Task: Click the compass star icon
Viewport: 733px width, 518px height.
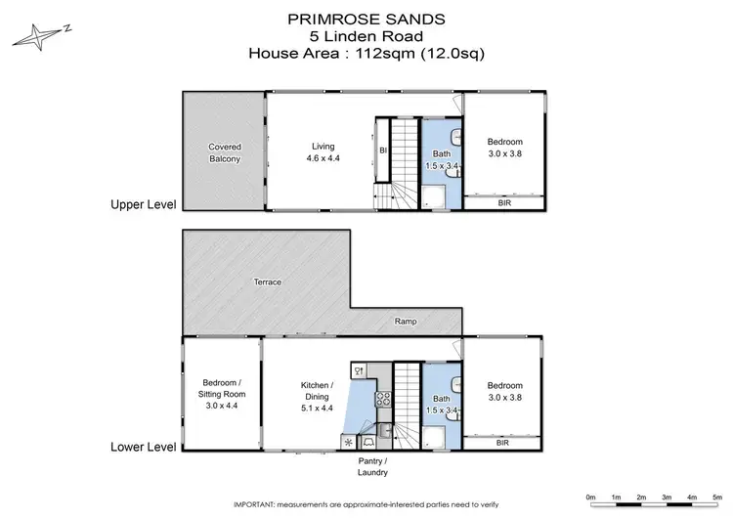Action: pyautogui.click(x=36, y=36)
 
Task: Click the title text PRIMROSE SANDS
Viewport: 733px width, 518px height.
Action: pyautogui.click(x=367, y=18)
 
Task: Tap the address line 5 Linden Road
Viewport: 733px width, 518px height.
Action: pyautogui.click(x=367, y=35)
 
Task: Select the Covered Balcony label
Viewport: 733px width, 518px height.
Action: pyautogui.click(x=224, y=152)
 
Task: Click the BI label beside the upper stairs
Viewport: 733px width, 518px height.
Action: pyautogui.click(x=383, y=150)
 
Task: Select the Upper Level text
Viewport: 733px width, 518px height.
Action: pyautogui.click(x=143, y=205)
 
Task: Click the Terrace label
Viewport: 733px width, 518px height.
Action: pyautogui.click(x=268, y=282)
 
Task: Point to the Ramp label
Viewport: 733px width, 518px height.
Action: pyautogui.click(x=407, y=321)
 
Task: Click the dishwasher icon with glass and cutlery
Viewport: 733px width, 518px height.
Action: pyautogui.click(x=360, y=370)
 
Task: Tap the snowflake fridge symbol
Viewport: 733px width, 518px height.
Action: pyautogui.click(x=349, y=441)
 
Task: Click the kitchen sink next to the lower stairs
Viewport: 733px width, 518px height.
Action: pyautogui.click(x=385, y=428)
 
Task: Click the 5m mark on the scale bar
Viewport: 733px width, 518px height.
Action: pyautogui.click(x=715, y=496)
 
